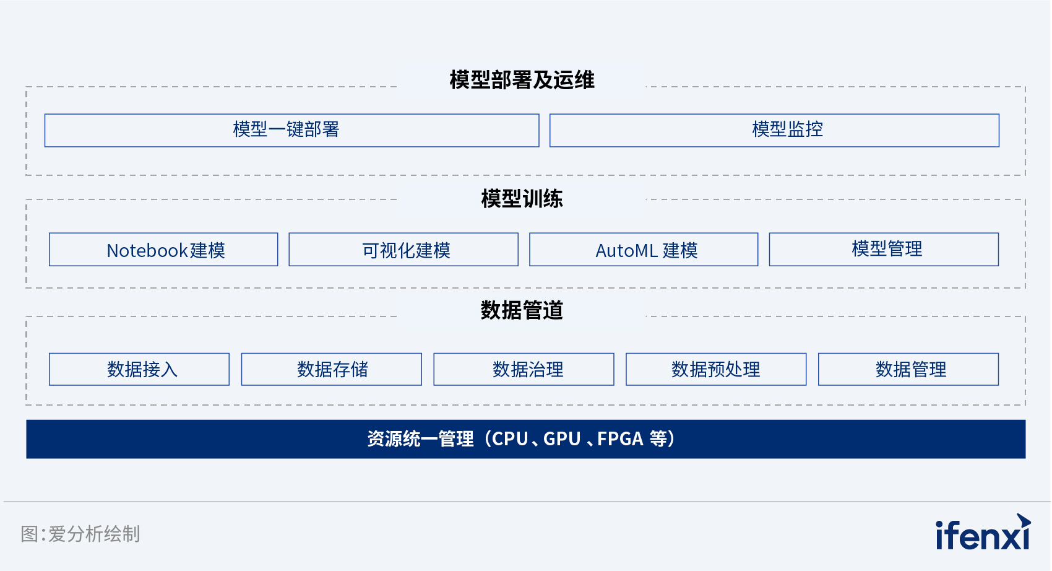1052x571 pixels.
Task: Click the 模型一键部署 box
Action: click(x=291, y=130)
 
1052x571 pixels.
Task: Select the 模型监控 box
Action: click(x=774, y=130)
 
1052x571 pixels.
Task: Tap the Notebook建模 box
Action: click(x=163, y=250)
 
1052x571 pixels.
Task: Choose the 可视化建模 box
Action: click(x=403, y=250)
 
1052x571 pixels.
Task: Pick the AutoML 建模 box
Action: click(x=644, y=250)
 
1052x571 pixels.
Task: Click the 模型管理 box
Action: click(x=884, y=250)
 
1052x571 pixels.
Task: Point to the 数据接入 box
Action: click(x=139, y=369)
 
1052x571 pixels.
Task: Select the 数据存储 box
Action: click(x=332, y=369)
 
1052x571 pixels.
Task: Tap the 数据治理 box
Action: click(x=524, y=369)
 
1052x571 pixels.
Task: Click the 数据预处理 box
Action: click(x=716, y=369)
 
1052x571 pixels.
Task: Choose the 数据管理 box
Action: click(x=908, y=369)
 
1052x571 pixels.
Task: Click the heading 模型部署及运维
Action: click(x=522, y=80)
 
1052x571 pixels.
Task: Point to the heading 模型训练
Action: click(x=522, y=198)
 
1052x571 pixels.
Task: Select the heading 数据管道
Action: click(x=522, y=310)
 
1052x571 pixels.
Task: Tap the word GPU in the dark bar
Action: click(x=562, y=439)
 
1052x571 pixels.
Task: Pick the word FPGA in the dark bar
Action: click(x=620, y=439)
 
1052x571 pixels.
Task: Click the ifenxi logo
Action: click(x=983, y=533)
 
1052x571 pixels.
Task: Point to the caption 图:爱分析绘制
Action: click(x=80, y=534)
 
